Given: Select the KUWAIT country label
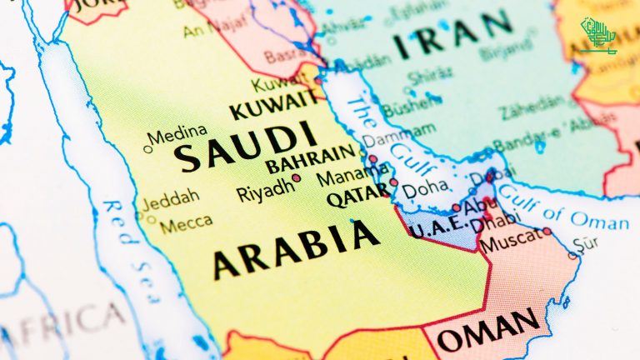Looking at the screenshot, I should point(272,108).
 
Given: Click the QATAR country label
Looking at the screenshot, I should point(358,197).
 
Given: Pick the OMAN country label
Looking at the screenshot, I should point(489,335).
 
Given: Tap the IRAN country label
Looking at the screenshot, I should point(454,35).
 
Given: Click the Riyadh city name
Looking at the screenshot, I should point(265,191).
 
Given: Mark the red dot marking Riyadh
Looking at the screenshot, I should point(296,178).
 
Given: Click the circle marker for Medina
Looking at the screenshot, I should point(148,150).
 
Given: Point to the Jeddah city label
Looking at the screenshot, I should point(171,200).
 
